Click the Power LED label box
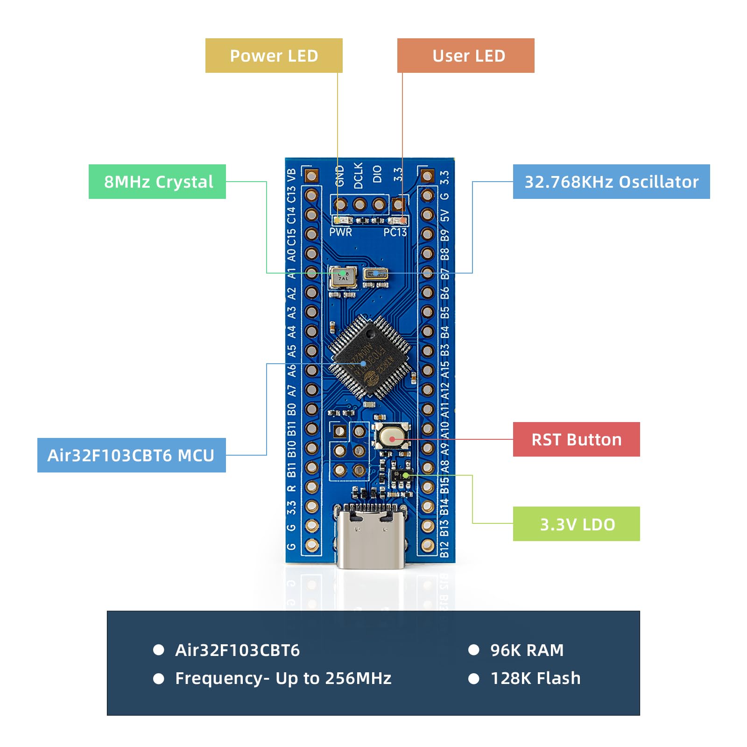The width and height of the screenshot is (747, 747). coord(274,56)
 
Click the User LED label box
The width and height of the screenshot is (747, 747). coord(465,56)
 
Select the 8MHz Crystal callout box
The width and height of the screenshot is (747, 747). coord(157,182)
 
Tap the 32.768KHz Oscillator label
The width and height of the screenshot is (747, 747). coord(611,182)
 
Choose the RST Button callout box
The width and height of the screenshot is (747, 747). coord(576,439)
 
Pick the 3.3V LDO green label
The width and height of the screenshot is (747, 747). coord(576,524)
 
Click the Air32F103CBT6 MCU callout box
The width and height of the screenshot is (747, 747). coord(131,455)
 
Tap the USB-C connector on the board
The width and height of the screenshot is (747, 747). coord(370,537)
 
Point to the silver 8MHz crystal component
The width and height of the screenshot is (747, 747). coord(342,276)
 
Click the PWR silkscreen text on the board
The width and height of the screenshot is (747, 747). coord(340,232)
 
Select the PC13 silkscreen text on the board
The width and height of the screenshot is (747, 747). coord(395,232)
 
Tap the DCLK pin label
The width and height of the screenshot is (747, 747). coord(359,176)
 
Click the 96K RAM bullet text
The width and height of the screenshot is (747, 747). coord(527,650)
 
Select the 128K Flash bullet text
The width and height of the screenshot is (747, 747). coord(535,678)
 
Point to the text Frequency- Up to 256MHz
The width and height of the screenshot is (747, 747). coord(283,678)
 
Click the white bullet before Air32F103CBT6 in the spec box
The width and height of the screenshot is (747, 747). coord(159,650)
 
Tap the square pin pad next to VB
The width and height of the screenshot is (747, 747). coord(311,176)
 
